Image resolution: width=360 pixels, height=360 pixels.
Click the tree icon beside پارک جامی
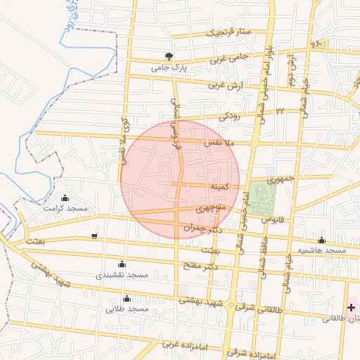[168, 56]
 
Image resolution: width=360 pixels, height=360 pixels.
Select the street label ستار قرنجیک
[227, 32]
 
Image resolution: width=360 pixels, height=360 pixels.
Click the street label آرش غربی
[224, 85]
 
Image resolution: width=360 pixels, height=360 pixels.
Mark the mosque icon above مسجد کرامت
[65, 198]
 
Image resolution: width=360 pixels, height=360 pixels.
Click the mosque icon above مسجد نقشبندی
[122, 264]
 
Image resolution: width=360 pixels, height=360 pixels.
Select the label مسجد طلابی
[127, 309]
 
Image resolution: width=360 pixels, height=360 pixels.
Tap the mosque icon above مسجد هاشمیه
[321, 240]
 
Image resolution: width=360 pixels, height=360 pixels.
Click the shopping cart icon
[94, 236]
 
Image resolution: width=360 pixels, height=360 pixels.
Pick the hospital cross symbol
[351, 307]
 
